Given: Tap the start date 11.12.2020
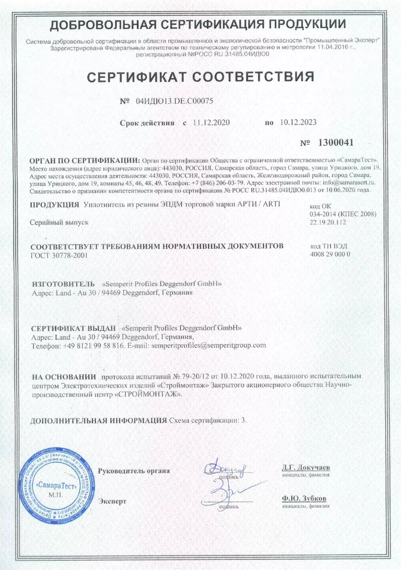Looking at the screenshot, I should [211, 123].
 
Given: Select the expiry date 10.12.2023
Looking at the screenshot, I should [298, 123].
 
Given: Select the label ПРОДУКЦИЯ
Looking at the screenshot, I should [54, 205].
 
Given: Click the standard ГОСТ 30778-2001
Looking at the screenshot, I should [59, 255].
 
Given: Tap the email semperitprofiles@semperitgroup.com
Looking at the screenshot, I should [208, 345].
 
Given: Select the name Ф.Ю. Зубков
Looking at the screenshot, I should [304, 499].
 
